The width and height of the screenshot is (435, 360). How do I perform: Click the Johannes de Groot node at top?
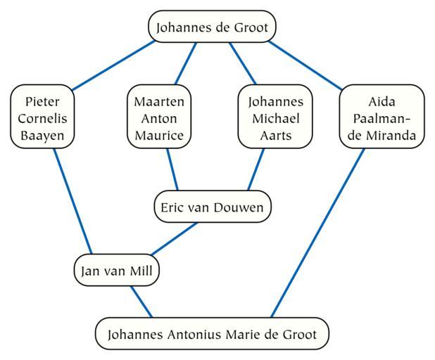[x=212, y=28]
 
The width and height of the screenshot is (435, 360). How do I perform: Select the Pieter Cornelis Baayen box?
[x=44, y=117]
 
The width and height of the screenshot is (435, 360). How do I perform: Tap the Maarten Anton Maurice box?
[x=159, y=117]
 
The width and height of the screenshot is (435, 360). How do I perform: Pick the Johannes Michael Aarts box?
[x=275, y=117]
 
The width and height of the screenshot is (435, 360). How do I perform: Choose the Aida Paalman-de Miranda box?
[x=382, y=117]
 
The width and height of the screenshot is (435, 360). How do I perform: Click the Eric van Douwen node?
[x=212, y=207]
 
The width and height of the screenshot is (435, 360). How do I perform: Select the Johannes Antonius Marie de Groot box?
[x=212, y=333]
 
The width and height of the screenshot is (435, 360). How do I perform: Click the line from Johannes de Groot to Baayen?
[x=115, y=65]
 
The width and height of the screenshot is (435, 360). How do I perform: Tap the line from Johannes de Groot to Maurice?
[x=186, y=64]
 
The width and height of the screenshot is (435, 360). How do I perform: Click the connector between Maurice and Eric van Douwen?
[x=172, y=169]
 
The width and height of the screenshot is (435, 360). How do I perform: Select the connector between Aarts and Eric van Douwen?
[x=256, y=169]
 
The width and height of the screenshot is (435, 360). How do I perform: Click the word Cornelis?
[x=44, y=117]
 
